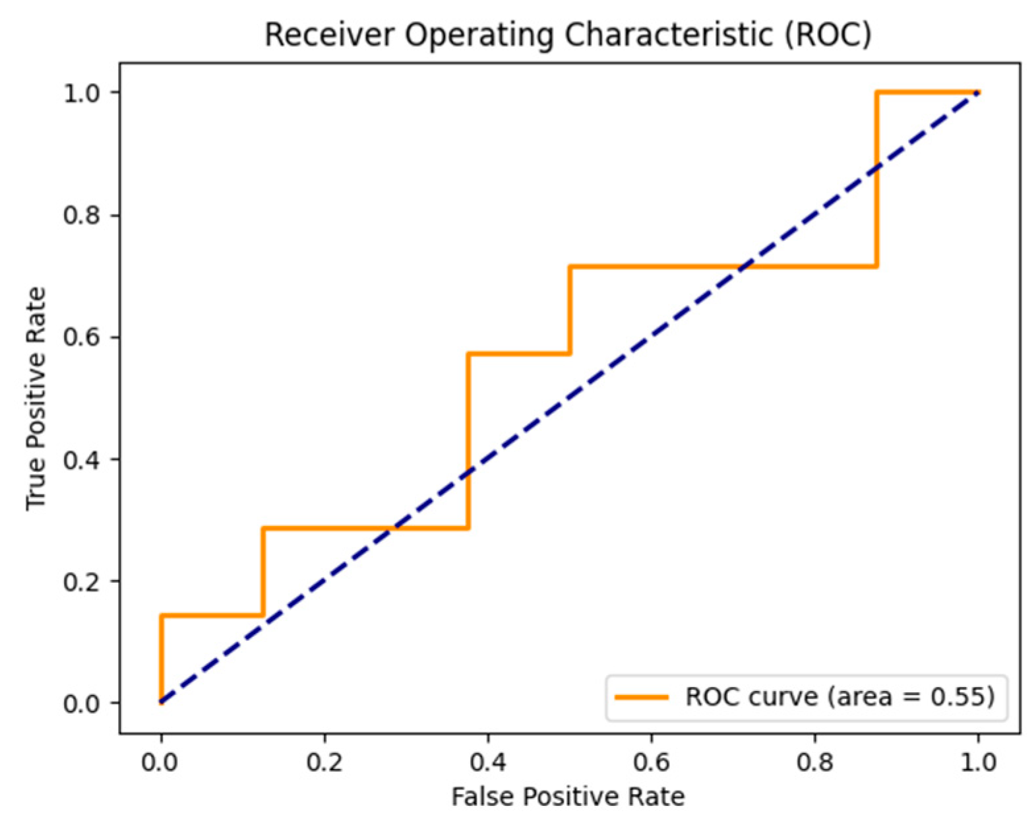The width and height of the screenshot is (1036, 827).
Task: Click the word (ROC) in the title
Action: pyautogui.click(x=827, y=34)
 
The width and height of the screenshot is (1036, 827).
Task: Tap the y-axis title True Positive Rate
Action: pyautogui.click(x=36, y=398)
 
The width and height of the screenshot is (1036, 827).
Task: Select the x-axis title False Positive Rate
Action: pyautogui.click(x=568, y=797)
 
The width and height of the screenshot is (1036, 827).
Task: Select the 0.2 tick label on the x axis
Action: pyautogui.click(x=324, y=762)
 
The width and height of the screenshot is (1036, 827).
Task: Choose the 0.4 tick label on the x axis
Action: pyautogui.click(x=487, y=762)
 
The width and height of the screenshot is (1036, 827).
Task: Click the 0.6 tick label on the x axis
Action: pyautogui.click(x=651, y=762)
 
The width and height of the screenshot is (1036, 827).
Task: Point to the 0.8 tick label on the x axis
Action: pyautogui.click(x=814, y=762)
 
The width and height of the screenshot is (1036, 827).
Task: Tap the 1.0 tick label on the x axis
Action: pyautogui.click(x=978, y=762)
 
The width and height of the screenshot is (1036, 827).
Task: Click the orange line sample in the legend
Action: pyautogui.click(x=641, y=698)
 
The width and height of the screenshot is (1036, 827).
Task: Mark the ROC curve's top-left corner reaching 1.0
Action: pyautogui.click(x=877, y=92)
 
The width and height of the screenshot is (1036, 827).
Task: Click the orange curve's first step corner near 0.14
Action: pyautogui.click(x=162, y=616)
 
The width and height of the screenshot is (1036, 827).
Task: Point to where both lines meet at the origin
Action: pyautogui.click(x=161, y=702)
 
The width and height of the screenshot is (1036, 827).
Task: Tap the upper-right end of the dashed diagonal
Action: pyautogui.click(x=978, y=92)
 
